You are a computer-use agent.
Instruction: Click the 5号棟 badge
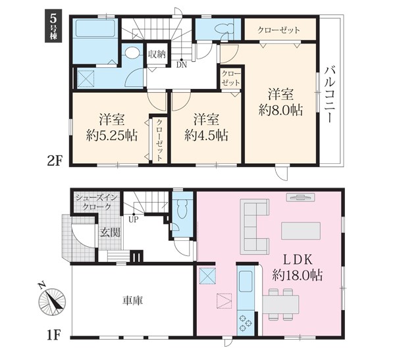point(53,26)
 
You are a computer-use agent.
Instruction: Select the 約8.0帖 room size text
point(280,110)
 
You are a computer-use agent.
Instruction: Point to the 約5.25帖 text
point(112,136)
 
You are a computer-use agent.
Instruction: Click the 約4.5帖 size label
point(206,136)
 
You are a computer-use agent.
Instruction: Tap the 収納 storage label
point(157,54)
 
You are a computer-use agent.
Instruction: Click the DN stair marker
point(182,65)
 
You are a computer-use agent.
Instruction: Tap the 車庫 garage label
point(133,301)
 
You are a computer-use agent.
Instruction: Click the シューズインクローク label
point(97,202)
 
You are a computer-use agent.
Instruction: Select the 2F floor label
point(55,161)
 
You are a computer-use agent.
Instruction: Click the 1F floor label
point(55,335)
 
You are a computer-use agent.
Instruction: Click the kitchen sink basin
point(246,282)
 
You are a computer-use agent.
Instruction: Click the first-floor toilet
point(182,209)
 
